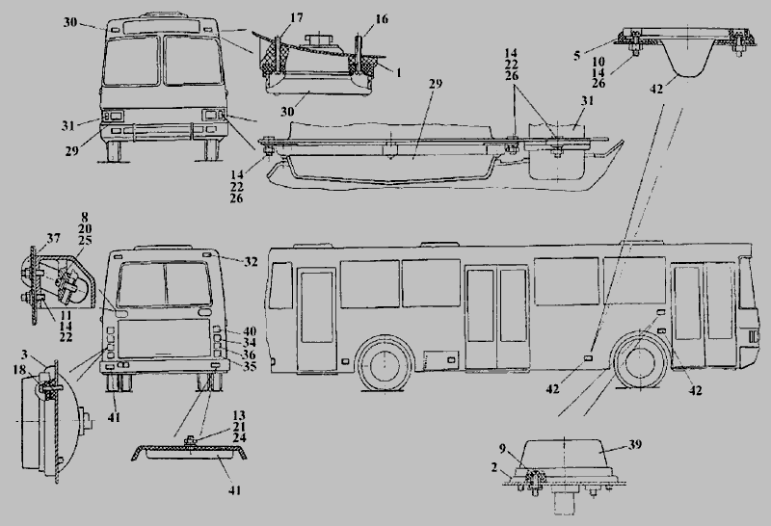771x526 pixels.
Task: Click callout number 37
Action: tap(52, 239)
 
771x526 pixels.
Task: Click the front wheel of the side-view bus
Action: tap(386, 368)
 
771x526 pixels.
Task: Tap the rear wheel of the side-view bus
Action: tap(637, 362)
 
